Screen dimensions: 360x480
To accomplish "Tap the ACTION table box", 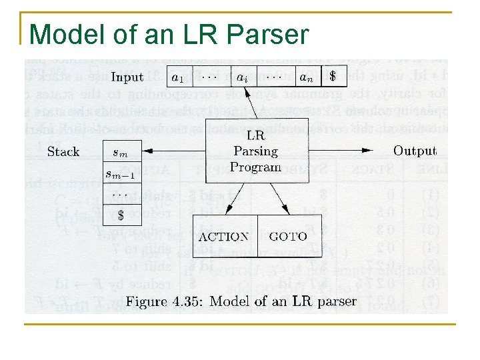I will (224, 236).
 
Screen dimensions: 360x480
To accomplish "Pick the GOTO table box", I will (287, 236).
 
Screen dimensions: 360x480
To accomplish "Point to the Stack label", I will (64, 151).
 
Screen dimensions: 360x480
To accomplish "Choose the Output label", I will (415, 151).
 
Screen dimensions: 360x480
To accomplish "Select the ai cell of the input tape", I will (244, 77).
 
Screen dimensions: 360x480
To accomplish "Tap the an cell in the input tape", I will (306, 77).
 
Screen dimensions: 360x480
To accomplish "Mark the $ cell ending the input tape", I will (333, 77).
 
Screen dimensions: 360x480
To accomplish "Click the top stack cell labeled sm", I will (121, 153).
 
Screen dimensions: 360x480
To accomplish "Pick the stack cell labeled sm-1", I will (121, 174).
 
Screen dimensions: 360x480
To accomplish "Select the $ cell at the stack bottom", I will (121, 215).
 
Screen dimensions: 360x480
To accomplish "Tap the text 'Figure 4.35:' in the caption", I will (167, 301).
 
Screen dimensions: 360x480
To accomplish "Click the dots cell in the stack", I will (121, 195).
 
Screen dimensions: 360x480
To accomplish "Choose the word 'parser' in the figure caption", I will (337, 301).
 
